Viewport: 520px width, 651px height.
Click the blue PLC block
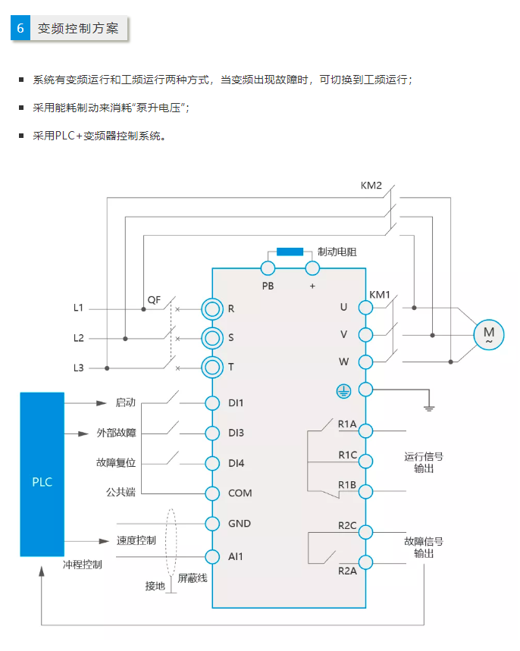42,474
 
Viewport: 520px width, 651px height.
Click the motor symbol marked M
488,333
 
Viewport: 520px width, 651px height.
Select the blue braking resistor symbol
290,252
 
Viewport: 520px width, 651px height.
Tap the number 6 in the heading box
20,29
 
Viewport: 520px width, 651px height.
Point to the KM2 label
371,185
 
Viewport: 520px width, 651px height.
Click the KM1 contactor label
380,294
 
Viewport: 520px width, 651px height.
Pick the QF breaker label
154,299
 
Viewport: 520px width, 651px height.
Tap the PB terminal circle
268,268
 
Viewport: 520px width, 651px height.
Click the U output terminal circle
365,307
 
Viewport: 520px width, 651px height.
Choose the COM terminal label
240,493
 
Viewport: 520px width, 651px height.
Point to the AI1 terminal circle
212,556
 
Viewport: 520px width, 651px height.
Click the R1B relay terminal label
347,485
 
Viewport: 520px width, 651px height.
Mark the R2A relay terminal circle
365,562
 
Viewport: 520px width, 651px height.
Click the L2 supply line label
79,338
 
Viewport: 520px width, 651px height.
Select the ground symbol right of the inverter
429,407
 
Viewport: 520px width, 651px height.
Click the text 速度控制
136,541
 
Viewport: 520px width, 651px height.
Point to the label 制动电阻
337,252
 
